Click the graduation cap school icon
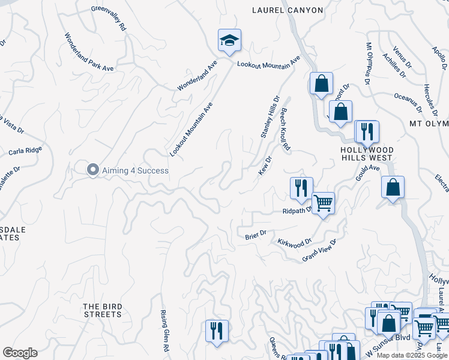tap(229, 41)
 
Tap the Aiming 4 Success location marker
tap(92, 170)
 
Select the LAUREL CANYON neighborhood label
tap(288, 10)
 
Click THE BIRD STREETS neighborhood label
tap(103, 310)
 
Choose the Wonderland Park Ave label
tap(89, 52)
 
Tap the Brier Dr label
tap(255, 235)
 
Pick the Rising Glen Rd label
tap(164, 331)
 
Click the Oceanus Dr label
tap(408, 101)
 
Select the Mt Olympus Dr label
tap(367, 63)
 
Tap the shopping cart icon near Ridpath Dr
tap(323, 204)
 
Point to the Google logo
tap(20, 353)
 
